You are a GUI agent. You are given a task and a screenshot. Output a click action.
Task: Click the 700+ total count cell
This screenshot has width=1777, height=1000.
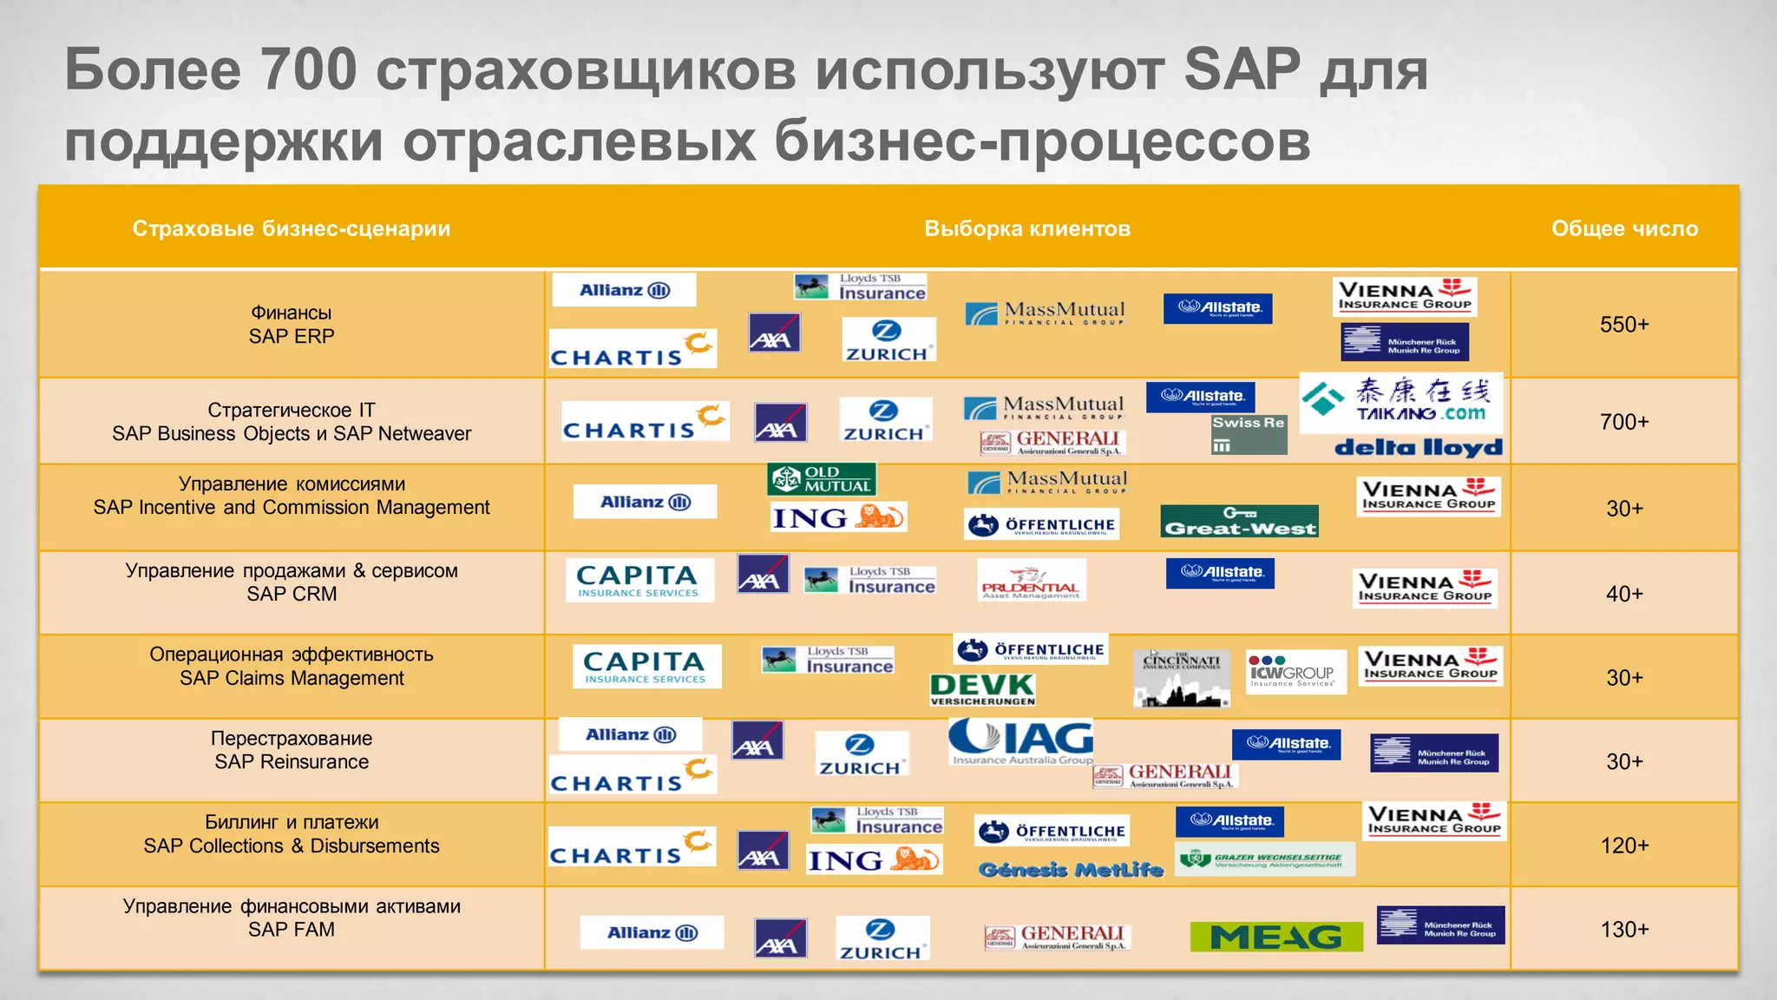[1623, 422]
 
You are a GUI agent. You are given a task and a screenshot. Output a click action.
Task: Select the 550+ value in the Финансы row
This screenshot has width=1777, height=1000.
[1623, 325]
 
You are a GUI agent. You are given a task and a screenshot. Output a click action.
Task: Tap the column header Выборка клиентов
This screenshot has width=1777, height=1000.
[1026, 228]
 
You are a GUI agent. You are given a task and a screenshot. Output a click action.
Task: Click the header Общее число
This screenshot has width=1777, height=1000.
[1624, 228]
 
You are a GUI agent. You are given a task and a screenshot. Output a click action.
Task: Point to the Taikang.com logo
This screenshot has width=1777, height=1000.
[1400, 401]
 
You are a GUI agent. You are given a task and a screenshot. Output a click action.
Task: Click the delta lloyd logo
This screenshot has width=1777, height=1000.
[1418, 447]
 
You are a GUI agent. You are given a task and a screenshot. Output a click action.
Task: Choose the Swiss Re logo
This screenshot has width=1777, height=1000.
[1249, 433]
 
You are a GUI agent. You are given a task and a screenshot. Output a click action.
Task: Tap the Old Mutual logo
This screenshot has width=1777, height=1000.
[821, 479]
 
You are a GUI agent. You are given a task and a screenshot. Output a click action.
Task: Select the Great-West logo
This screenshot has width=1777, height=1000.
[1239, 521]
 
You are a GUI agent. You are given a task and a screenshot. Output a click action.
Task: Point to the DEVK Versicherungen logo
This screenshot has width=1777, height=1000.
[982, 689]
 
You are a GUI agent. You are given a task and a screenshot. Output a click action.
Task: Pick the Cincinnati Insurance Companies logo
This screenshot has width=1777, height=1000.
[1181, 678]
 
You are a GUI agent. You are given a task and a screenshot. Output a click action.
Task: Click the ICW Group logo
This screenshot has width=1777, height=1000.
[1295, 672]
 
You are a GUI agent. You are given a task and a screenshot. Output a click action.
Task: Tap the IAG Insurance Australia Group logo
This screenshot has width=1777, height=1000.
[1021, 741]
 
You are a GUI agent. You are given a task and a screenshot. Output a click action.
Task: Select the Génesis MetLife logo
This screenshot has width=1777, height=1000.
[1070, 869]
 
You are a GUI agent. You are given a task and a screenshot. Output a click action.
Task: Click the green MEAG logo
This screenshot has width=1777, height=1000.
[1275, 937]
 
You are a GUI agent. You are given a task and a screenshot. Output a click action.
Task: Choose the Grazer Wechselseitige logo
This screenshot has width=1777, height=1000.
[1264, 859]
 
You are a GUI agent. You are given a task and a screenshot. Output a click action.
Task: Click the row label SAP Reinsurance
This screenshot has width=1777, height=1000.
[292, 762]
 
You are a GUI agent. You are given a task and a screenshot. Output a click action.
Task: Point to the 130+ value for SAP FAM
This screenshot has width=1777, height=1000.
[1623, 930]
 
